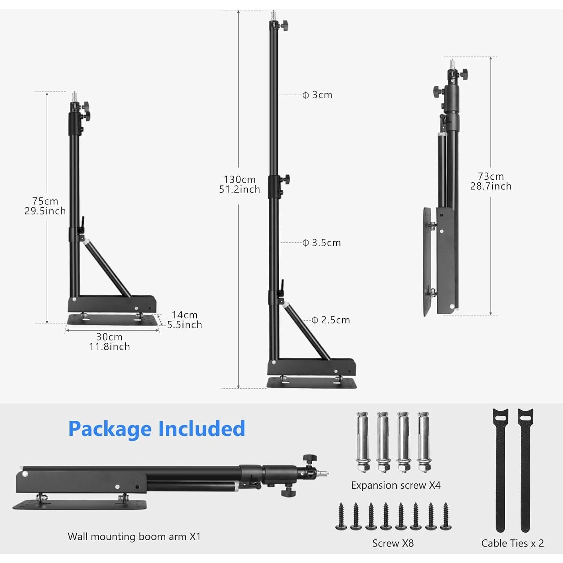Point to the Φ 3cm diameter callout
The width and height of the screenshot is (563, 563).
click(318, 95)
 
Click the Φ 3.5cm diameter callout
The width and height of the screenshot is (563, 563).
click(322, 243)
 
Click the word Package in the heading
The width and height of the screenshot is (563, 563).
click(110, 429)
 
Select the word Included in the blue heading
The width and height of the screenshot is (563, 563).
click(202, 429)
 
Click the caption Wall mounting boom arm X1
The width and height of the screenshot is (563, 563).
click(134, 536)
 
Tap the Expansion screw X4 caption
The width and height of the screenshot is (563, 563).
click(396, 485)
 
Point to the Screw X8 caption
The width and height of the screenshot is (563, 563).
click(393, 543)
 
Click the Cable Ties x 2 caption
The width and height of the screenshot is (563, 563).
click(512, 543)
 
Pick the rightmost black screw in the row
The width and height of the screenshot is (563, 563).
click(446, 517)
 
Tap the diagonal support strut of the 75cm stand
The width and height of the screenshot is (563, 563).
click(107, 268)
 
